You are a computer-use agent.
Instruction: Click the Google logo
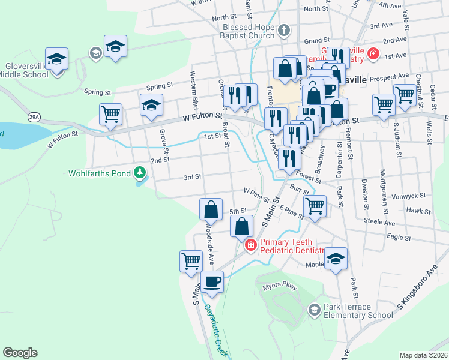click(20, 353)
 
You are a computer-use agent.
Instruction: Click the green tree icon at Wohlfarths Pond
click(140, 173)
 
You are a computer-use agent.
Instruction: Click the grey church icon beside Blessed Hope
click(284, 29)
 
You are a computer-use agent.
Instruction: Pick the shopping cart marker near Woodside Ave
click(191, 262)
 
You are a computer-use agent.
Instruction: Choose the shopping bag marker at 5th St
click(211, 209)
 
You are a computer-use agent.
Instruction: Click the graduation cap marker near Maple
click(336, 259)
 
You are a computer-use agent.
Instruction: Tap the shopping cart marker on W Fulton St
click(110, 114)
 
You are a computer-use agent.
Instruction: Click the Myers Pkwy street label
click(280, 287)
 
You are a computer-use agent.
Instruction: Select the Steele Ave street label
click(379, 222)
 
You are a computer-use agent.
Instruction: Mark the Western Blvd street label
click(193, 86)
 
